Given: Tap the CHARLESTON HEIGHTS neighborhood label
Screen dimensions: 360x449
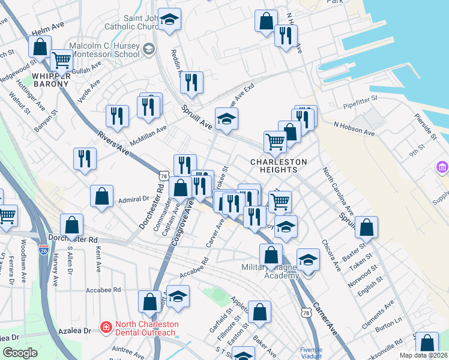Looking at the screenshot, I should point(279,166).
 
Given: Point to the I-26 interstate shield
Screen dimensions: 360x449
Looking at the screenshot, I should point(43,250).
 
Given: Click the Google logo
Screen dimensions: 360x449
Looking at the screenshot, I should point(20,353).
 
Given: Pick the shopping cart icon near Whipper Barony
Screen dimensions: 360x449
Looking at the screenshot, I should point(61,59).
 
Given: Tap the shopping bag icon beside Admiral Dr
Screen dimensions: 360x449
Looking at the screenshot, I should point(102,196).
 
